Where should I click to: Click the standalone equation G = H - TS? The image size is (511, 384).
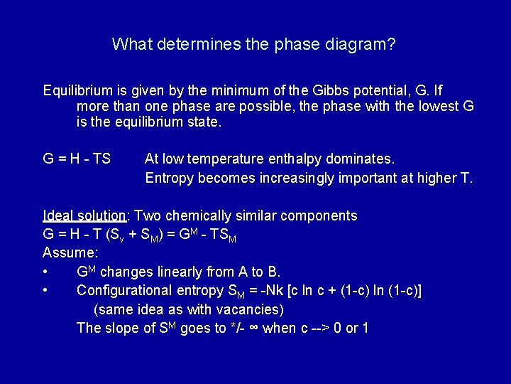(77, 159)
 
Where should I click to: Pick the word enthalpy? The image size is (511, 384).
(302, 159)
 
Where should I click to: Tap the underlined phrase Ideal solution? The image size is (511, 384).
(84, 215)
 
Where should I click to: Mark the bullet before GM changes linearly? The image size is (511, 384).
(45, 272)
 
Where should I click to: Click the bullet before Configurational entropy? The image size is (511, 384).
(45, 290)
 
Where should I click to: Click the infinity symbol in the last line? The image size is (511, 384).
(253, 328)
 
